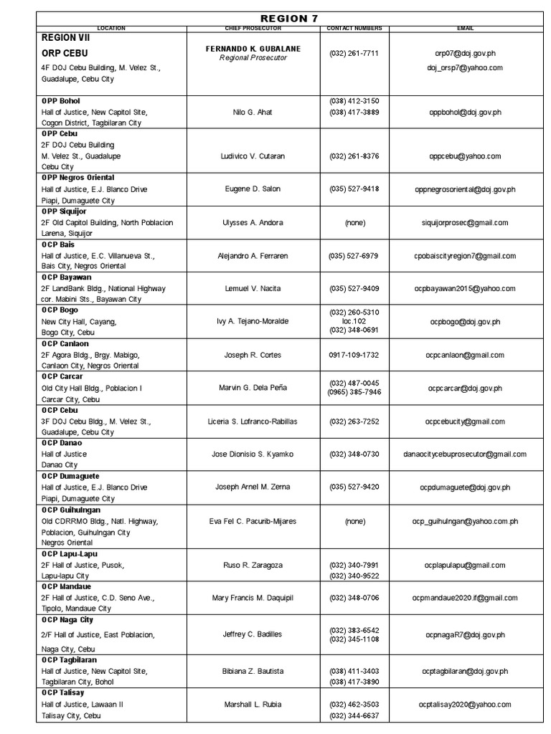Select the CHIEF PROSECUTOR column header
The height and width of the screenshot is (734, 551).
pos(253,29)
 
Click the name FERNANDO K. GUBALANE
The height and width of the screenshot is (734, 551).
pos(253,49)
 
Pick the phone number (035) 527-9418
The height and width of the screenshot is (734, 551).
pos(354,189)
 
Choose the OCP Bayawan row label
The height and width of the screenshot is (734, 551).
pos(67,277)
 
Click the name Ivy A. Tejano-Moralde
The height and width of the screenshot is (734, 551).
pos(253,321)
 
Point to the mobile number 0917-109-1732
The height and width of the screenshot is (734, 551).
pos(354,355)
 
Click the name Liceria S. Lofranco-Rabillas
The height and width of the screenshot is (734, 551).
pos(253,421)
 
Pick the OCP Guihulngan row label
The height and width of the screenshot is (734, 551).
pos(72,510)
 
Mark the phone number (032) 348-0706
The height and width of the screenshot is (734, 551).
pos(354,598)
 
